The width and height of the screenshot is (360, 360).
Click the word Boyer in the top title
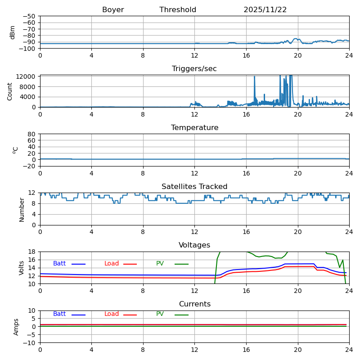113,10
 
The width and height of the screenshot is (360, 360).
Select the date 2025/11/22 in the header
265,10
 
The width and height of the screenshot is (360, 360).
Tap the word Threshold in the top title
178,10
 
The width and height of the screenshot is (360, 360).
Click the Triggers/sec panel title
194,69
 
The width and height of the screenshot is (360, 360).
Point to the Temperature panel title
194,128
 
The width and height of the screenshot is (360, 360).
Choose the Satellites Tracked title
194,187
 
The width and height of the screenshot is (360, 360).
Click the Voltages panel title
194,245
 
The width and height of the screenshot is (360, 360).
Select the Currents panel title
194,304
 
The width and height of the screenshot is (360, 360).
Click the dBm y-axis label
13,32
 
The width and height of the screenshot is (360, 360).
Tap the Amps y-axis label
16,327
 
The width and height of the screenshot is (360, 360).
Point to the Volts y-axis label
22,268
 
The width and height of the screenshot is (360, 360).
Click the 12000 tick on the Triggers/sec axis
27,76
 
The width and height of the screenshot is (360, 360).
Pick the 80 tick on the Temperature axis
32,134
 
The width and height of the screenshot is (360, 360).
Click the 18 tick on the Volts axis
33,252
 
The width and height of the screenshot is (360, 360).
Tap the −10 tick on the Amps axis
30,343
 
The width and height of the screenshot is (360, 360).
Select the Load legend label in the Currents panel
112,314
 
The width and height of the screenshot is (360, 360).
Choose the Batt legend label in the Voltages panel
59,264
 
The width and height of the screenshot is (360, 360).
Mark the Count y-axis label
10,91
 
